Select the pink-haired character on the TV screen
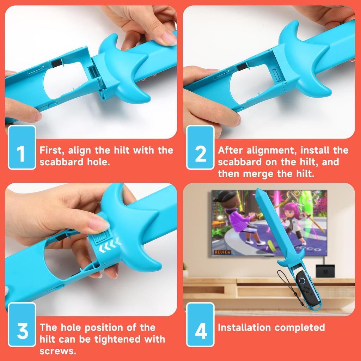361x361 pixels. [x=292, y=219]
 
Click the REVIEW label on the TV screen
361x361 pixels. [x=222, y=252]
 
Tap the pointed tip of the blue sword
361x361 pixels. [x=258, y=191]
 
